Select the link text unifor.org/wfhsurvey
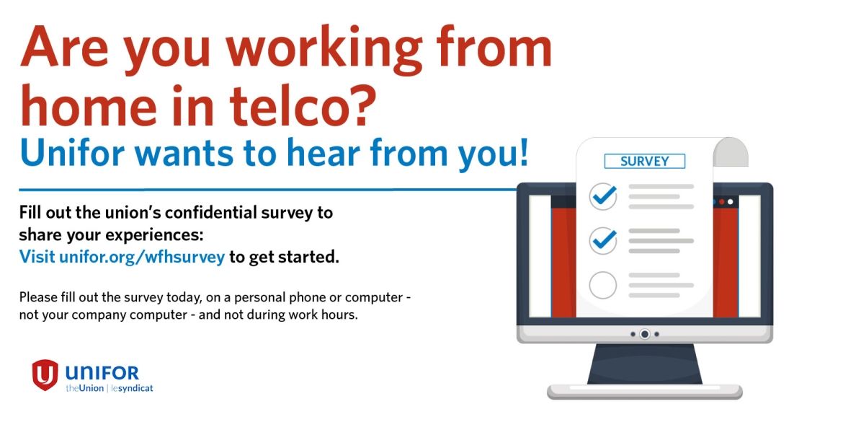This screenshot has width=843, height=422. click(142, 257)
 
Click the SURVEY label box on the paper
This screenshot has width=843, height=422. click(645, 161)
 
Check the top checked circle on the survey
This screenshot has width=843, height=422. click(602, 196)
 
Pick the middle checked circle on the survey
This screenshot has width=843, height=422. click(602, 240)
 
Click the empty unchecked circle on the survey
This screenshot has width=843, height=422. click(602, 285)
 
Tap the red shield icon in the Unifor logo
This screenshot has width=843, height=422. click(45, 374)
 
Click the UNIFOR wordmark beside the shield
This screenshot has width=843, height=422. click(102, 372)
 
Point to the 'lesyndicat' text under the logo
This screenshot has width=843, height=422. click(132, 388)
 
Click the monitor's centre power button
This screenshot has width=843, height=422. click(645, 334)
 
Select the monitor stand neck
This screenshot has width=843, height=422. click(645, 364)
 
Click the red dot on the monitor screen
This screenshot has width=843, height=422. click(721, 202)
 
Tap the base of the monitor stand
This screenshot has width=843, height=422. click(645, 391)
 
